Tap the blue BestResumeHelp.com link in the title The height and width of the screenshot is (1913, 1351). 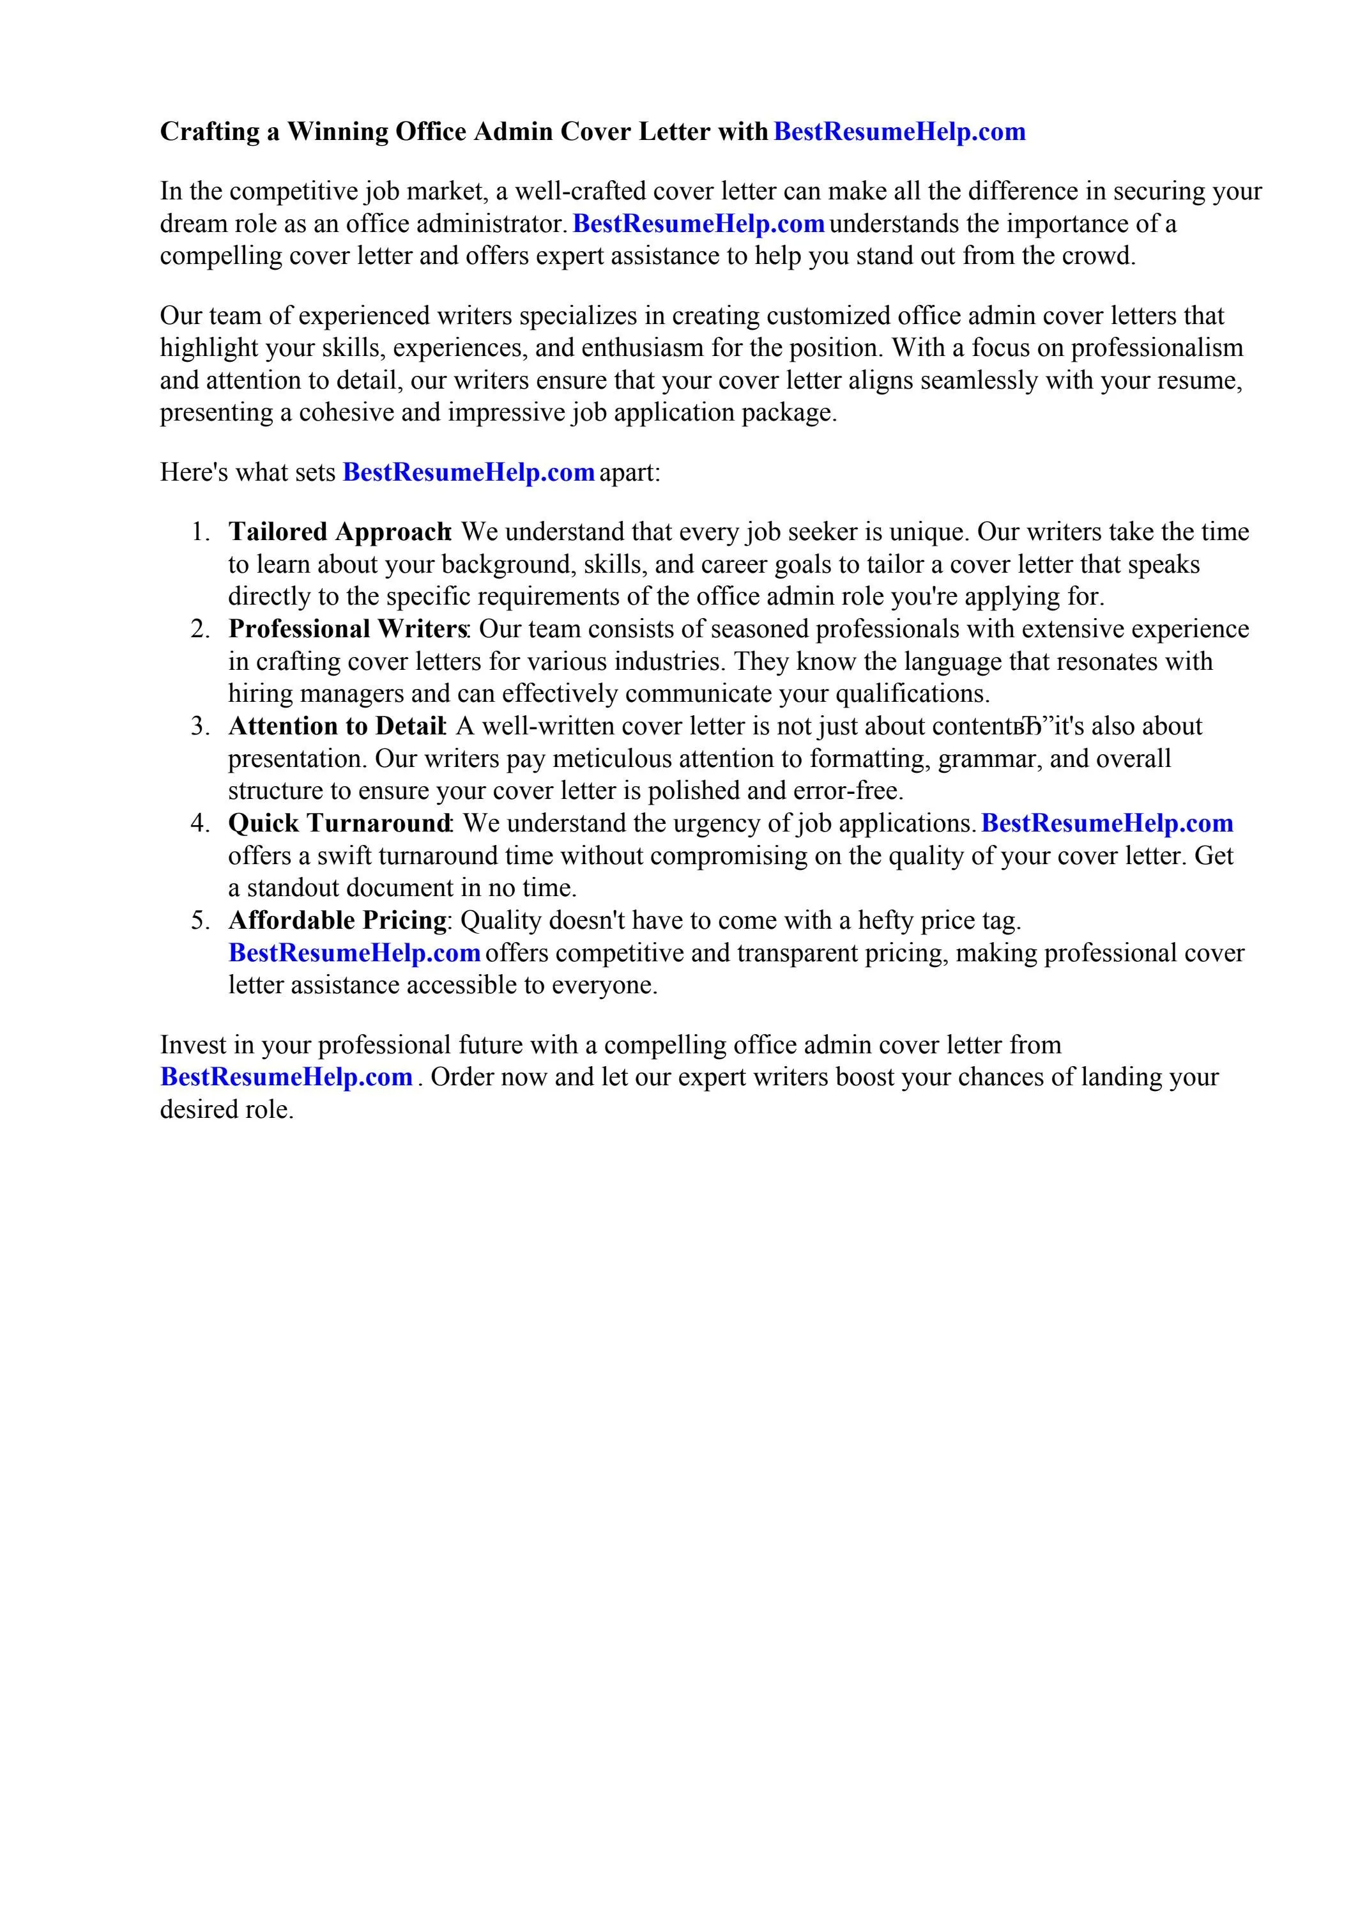(x=899, y=132)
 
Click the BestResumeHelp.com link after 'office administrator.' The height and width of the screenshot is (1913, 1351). (x=699, y=224)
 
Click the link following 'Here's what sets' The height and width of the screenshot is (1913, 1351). (x=468, y=472)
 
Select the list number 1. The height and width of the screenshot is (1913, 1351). (x=200, y=532)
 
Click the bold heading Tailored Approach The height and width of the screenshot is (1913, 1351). (x=339, y=532)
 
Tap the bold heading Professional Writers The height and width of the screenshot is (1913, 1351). (x=347, y=629)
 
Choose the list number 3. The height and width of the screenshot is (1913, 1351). (x=200, y=727)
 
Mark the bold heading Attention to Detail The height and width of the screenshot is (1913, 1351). (x=335, y=727)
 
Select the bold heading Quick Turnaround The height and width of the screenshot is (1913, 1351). (x=339, y=823)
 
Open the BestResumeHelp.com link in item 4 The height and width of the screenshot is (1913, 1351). (x=1107, y=823)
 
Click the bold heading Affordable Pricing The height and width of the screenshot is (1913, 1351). (x=337, y=920)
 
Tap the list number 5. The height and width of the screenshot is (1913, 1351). (x=200, y=920)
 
